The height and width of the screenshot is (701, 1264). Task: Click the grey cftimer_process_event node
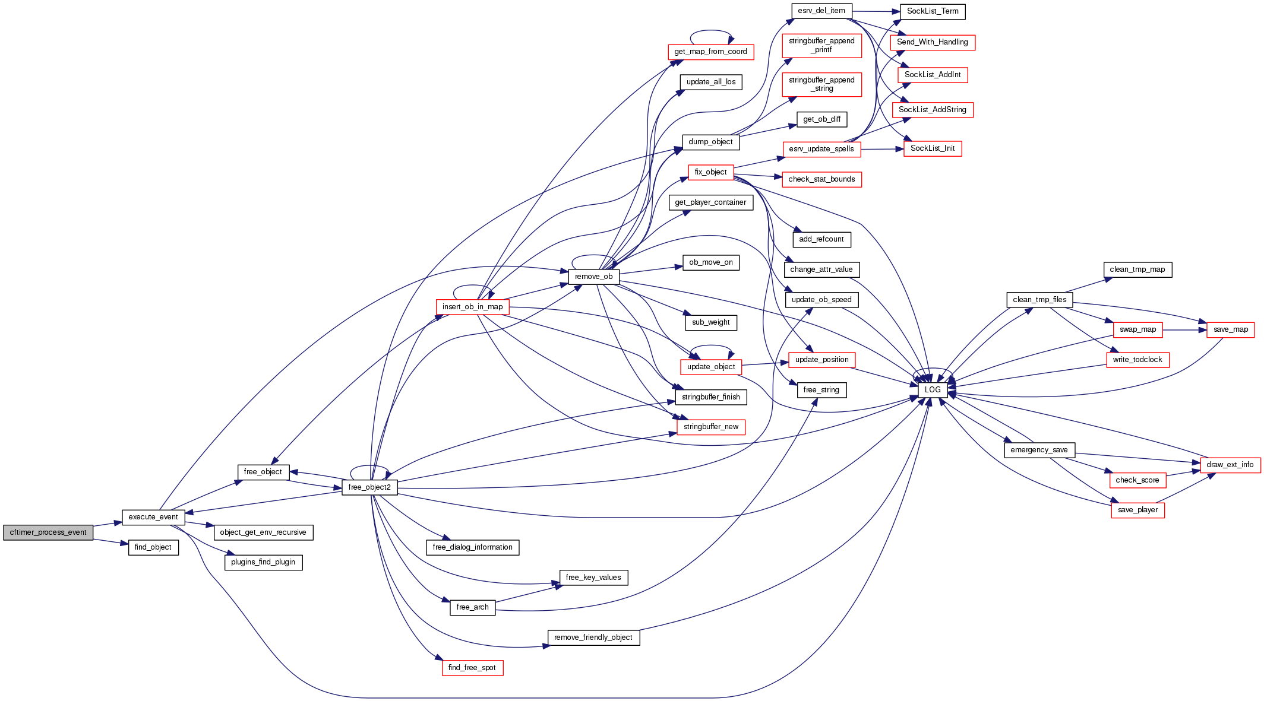(x=48, y=532)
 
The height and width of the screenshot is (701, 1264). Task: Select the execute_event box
(x=153, y=517)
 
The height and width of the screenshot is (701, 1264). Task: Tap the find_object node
(x=153, y=547)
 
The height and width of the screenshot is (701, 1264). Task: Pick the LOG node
(x=933, y=390)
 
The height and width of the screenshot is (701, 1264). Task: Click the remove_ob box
(x=593, y=277)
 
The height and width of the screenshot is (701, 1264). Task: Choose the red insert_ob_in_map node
(x=472, y=307)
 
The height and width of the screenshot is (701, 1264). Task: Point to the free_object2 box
(x=369, y=487)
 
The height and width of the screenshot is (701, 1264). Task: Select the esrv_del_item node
(x=821, y=11)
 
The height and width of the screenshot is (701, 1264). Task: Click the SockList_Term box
(x=933, y=11)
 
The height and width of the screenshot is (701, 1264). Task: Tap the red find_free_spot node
(x=472, y=668)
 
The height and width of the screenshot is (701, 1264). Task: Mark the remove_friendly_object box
(x=593, y=637)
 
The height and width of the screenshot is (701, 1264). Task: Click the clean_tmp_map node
(x=1137, y=269)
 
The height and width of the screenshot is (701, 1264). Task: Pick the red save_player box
(x=1137, y=510)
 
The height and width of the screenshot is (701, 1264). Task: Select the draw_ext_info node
(x=1230, y=465)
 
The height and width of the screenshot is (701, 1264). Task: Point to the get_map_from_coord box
(x=710, y=52)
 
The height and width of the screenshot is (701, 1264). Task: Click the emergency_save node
(x=1039, y=450)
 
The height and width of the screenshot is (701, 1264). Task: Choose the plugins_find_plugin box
(x=263, y=562)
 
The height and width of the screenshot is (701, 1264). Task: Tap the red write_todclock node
(x=1137, y=360)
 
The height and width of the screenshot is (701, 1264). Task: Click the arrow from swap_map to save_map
(x=1184, y=329)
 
